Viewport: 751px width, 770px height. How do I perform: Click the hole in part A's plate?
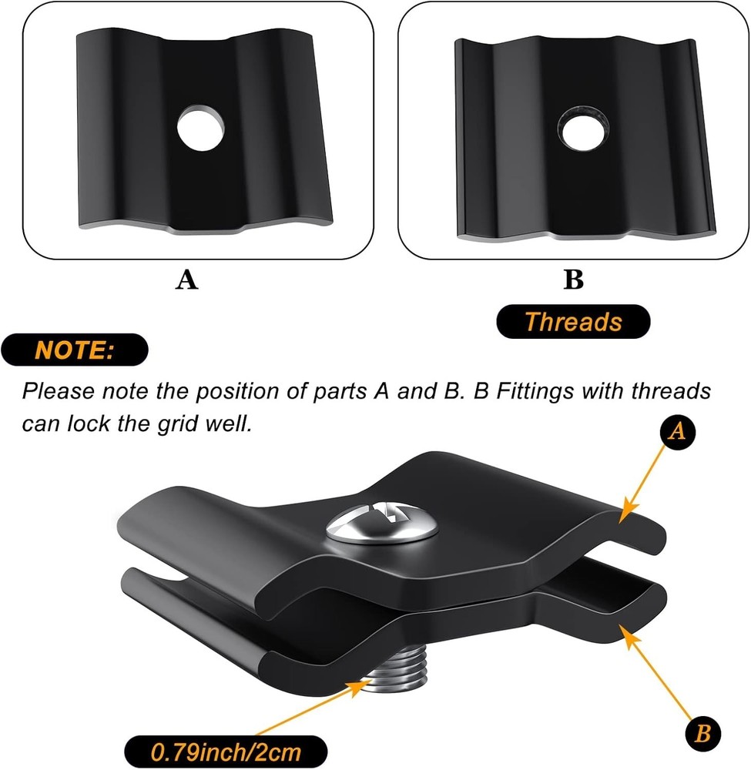pos(201,128)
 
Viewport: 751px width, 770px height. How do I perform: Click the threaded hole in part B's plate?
pos(584,128)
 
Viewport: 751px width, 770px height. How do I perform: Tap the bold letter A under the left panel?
pos(186,280)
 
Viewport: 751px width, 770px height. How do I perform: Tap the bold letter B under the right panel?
pos(573,280)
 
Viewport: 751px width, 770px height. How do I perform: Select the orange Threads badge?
pos(573,322)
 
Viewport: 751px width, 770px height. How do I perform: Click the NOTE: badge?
pos(74,350)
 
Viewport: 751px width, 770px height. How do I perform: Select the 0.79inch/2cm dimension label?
pos(226,752)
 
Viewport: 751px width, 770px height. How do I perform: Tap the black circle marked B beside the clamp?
pos(703,734)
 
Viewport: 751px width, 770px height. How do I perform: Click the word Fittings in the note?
pos(535,392)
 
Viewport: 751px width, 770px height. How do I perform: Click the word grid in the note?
pos(178,423)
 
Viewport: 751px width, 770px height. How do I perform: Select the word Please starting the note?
pos(58,391)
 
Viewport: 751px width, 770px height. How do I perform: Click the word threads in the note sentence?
pos(671,391)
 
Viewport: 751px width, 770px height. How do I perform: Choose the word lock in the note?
pos(92,423)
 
